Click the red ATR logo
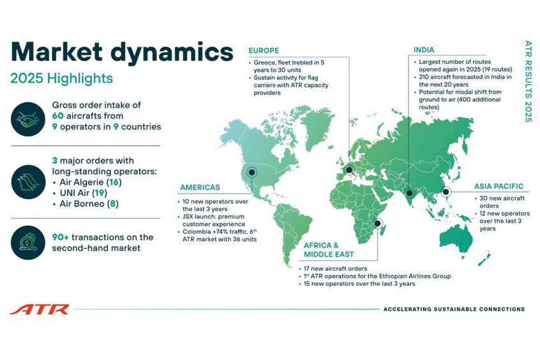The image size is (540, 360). [x=40, y=310]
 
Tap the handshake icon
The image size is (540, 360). [x=28, y=119]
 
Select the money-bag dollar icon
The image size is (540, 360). [x=28, y=242]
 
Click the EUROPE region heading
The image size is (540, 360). [x=264, y=50]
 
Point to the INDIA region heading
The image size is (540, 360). [x=424, y=50]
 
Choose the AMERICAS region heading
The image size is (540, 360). [x=200, y=188]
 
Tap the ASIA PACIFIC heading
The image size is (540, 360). [x=499, y=186]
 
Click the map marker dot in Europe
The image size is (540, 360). [x=349, y=170]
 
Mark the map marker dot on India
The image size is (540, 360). [x=409, y=193]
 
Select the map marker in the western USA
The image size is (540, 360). [x=251, y=172]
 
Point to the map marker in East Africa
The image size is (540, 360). [x=377, y=223]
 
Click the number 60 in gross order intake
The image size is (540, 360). [x=58, y=116]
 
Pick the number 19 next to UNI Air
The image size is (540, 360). [x=100, y=193]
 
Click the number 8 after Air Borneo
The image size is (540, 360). [x=112, y=204]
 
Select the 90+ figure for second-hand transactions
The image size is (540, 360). [x=61, y=237]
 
